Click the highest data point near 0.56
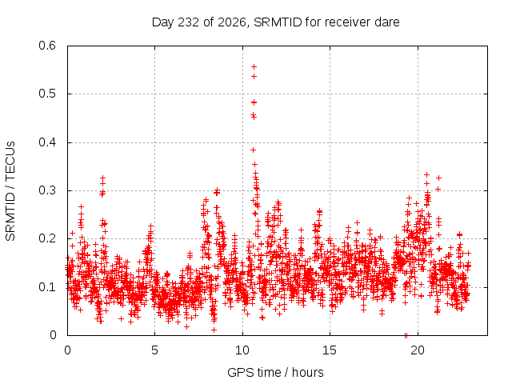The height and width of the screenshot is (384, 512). click(254, 67)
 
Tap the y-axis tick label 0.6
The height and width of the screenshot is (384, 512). click(47, 46)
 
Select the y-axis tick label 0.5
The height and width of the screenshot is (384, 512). click(47, 94)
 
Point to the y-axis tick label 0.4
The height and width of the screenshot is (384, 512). click(47, 142)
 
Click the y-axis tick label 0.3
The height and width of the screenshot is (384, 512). click(47, 190)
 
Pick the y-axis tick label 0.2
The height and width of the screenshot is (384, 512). click(47, 238)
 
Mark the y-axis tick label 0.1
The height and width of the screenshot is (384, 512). click(47, 287)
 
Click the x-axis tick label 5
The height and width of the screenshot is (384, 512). click(154, 350)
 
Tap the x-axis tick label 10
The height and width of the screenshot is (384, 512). click(242, 350)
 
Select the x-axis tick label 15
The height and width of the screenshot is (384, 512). click(330, 350)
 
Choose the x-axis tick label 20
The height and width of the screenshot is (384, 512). click(418, 350)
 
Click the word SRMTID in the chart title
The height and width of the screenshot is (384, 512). click(278, 22)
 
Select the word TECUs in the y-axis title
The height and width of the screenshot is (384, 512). click(10, 161)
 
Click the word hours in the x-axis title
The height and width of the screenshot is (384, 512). click(307, 372)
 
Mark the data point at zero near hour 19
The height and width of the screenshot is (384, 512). click(406, 335)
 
